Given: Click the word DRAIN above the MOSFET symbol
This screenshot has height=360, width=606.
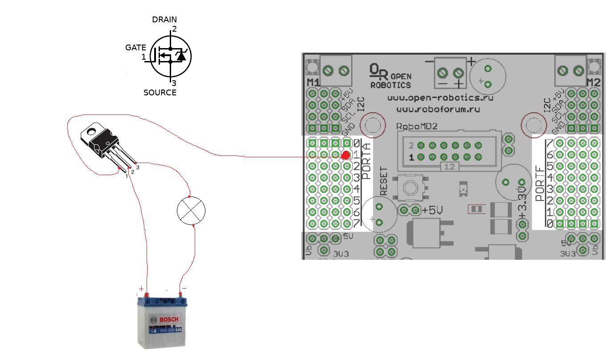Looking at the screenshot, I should [164, 20].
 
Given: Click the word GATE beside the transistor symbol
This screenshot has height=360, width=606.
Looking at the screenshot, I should [135, 48].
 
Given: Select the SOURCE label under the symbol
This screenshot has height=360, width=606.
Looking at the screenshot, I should [160, 93].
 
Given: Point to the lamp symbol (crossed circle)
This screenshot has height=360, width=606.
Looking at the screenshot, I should [191, 211].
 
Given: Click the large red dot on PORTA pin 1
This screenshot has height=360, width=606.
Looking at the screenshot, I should [345, 155].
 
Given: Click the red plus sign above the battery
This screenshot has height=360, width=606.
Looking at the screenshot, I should [141, 289].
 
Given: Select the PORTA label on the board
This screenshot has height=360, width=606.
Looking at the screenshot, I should [366, 161].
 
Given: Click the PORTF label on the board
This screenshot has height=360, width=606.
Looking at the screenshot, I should [540, 184].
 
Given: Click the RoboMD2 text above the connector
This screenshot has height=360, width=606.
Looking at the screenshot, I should [417, 127].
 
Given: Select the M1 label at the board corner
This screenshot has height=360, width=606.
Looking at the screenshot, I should [313, 82].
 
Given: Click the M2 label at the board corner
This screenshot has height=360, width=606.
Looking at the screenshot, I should [593, 82].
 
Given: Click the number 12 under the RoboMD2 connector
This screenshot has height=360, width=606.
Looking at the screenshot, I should [449, 167].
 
